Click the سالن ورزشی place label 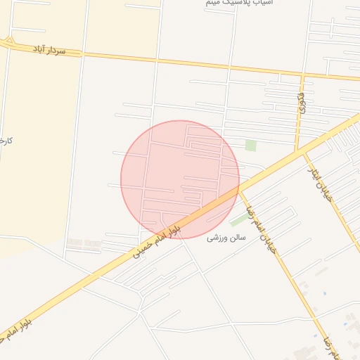[226, 238]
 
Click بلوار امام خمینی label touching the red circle [157, 240]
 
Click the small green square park [250, 146]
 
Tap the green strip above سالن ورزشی [238, 221]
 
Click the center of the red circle [180, 179]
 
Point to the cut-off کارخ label [6, 141]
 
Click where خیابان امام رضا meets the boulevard [239, 188]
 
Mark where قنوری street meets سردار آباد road [304, 72]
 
